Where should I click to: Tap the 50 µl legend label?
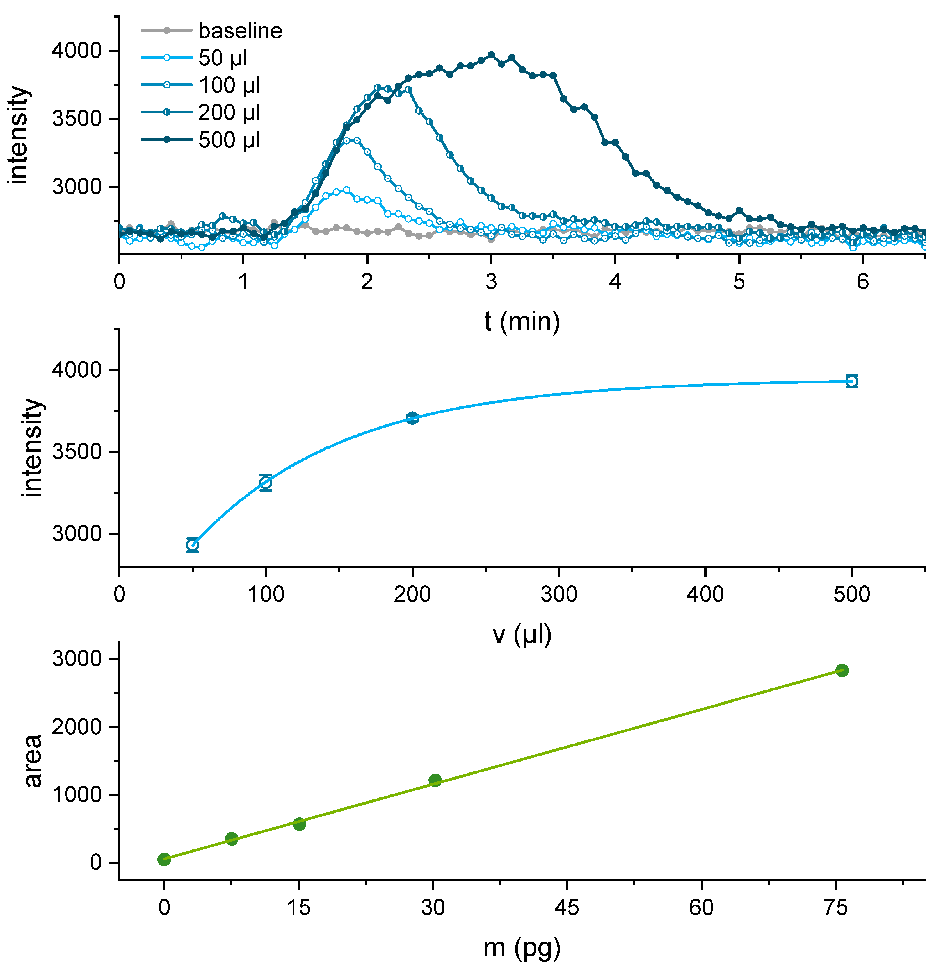point(222,58)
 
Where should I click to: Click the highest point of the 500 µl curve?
point(491,55)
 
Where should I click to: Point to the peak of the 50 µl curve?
point(346,190)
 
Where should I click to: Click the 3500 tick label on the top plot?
point(77,119)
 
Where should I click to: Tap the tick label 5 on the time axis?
point(739,282)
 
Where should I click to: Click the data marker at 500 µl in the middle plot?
point(851,381)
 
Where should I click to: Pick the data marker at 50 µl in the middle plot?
point(192,545)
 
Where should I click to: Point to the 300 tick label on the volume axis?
point(558,595)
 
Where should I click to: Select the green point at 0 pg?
point(164,859)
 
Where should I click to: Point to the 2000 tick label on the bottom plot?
point(77,727)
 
